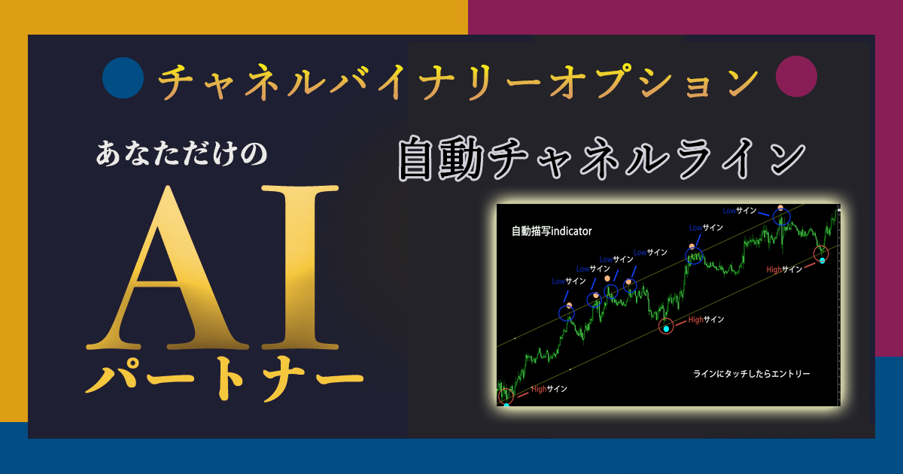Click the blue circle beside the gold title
[123, 77]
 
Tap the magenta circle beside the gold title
[796, 76]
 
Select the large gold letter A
[167, 268]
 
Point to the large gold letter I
[300, 268]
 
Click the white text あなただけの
[181, 153]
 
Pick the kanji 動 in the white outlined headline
[461, 159]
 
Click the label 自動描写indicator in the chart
[552, 232]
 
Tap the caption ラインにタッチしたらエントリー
[752, 374]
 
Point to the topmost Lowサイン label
[739, 211]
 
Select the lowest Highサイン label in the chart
[549, 389]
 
